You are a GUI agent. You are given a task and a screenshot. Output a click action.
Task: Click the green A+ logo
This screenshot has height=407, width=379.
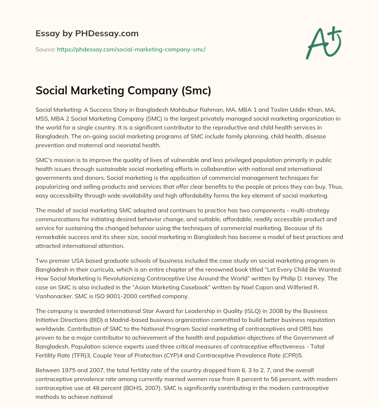point(323,43)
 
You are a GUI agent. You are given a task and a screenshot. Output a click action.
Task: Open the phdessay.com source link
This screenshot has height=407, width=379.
point(131,49)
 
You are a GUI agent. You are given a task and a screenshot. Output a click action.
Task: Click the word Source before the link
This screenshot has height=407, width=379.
point(45,49)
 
